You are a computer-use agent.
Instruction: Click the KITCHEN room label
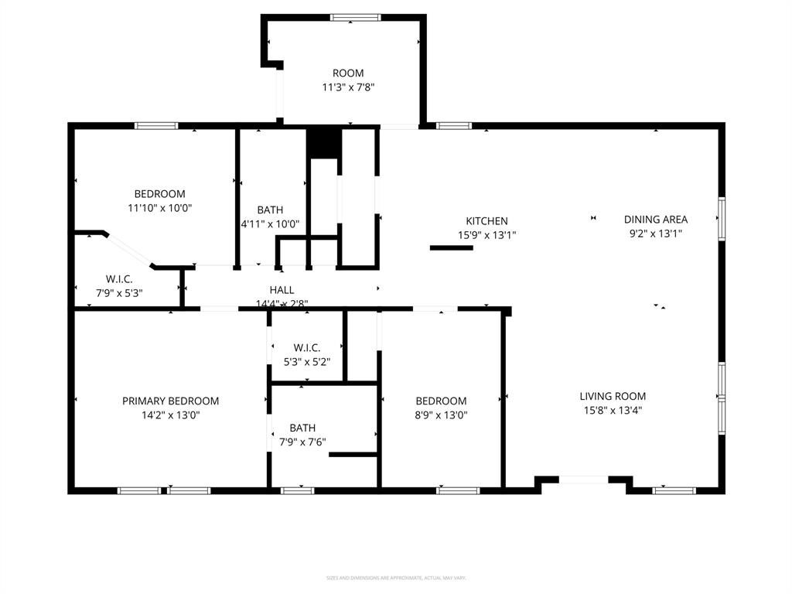pos(486,221)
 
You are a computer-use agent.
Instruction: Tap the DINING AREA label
pos(655,220)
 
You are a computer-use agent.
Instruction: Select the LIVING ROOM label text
pos(613,397)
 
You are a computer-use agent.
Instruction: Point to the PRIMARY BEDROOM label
pos(170,401)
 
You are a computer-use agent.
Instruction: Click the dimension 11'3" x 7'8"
pos(348,88)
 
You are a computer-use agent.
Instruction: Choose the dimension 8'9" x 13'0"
pos(441,415)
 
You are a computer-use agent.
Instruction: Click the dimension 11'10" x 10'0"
pos(159,208)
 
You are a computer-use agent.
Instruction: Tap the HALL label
pos(282,290)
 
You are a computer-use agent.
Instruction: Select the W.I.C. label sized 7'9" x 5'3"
pos(119,279)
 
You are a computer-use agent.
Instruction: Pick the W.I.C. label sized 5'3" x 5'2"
pos(306,348)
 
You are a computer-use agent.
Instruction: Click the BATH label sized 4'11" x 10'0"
pos(270,210)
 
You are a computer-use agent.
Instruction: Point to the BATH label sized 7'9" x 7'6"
pos(302,428)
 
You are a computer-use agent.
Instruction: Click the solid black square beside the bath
pos(323,143)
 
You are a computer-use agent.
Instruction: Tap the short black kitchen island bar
pos(451,247)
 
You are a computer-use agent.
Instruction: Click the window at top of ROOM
pos(355,17)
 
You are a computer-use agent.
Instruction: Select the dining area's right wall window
pos(721,219)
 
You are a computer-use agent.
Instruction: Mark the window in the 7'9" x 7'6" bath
pos(297,490)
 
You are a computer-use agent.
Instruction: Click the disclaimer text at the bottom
pos(395,578)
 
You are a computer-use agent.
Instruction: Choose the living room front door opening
pos(584,480)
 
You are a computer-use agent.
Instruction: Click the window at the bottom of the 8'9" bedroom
pos(458,490)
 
